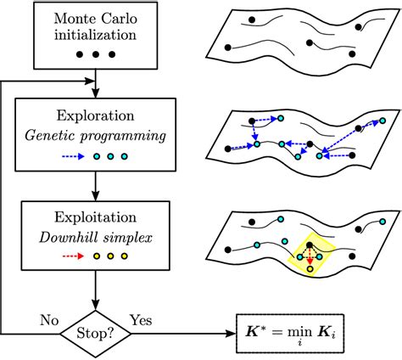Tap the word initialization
[x=99, y=36]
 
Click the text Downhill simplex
[x=98, y=232]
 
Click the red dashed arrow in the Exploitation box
[x=75, y=257]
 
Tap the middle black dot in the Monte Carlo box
[x=99, y=55]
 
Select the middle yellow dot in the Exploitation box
[x=109, y=257]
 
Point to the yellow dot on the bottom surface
[x=311, y=270]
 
